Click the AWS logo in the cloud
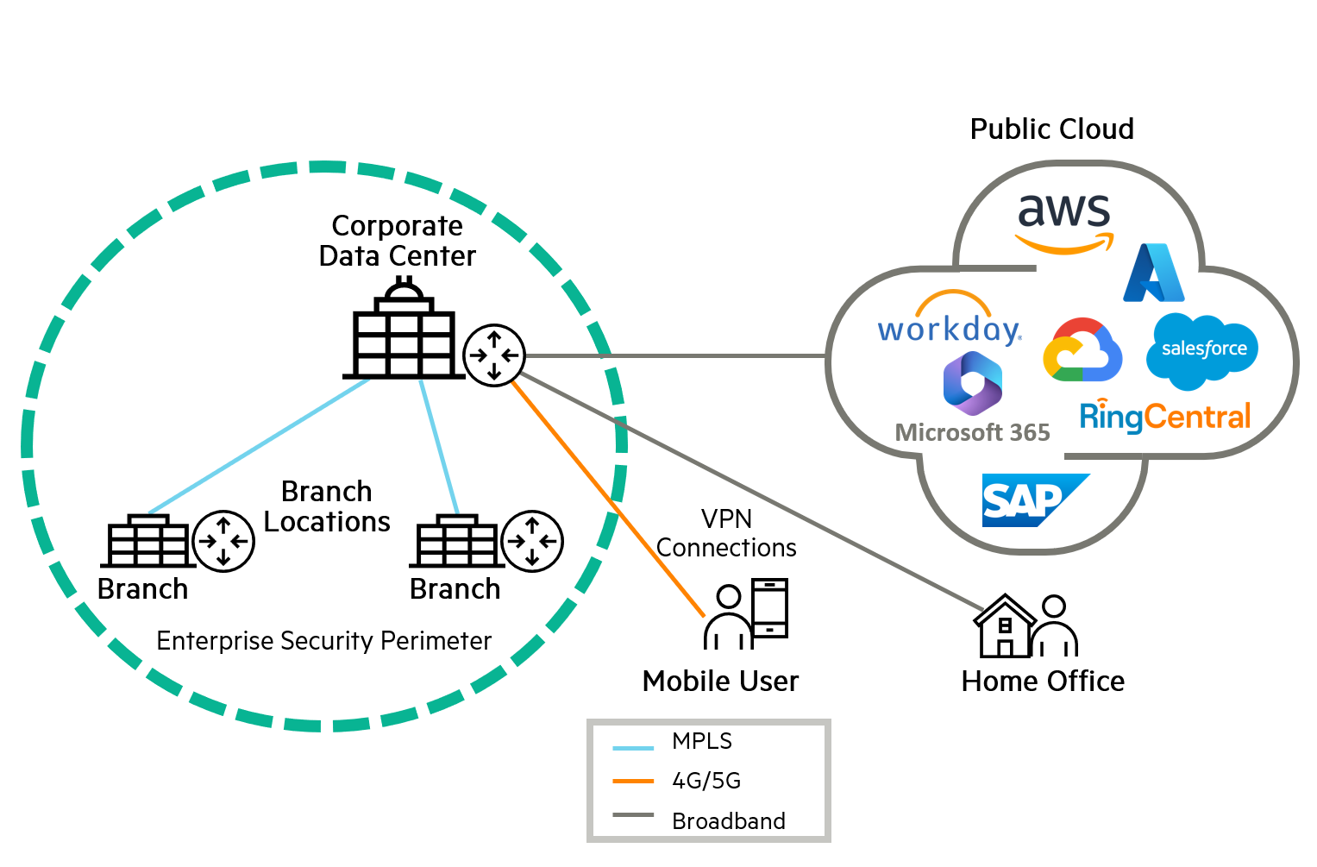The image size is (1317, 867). pos(1064,222)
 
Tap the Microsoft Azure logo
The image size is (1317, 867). pos(1153,273)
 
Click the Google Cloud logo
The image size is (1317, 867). pos(1082,350)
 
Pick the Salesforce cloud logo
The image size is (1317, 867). pos(1202,349)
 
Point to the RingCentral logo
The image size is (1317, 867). pos(1164,417)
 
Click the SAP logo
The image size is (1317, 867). pos(1033,500)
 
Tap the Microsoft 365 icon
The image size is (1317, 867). pos(972,385)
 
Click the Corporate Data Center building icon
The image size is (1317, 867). pos(403,332)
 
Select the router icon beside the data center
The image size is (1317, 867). pos(494,355)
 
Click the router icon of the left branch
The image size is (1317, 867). pos(223,541)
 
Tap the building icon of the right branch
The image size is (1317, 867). pos(456,542)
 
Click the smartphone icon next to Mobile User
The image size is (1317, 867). pos(769,609)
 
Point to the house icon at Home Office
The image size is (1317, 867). pos(1004,626)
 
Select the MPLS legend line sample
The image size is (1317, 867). pos(633,747)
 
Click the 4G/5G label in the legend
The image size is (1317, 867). pos(706,781)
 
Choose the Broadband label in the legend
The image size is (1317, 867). pos(729,820)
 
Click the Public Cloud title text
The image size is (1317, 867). pos(1051,129)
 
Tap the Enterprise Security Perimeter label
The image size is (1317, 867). pos(323,641)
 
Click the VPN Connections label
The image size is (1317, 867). pos(726,533)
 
